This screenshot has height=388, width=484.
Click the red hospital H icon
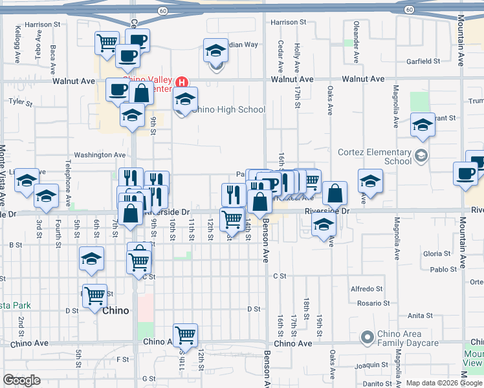(182, 82)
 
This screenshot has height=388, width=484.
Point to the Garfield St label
(423, 61)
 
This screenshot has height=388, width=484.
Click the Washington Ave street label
(100, 155)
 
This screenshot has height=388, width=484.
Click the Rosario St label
(374, 303)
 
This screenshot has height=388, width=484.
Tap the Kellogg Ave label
(17, 43)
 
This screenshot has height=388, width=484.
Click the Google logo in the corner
(21, 380)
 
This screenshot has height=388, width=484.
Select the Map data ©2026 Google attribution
(444, 383)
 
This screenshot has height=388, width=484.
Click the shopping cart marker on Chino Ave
(186, 334)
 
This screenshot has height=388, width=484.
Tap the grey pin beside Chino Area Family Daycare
(368, 337)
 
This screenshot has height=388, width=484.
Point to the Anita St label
(420, 316)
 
